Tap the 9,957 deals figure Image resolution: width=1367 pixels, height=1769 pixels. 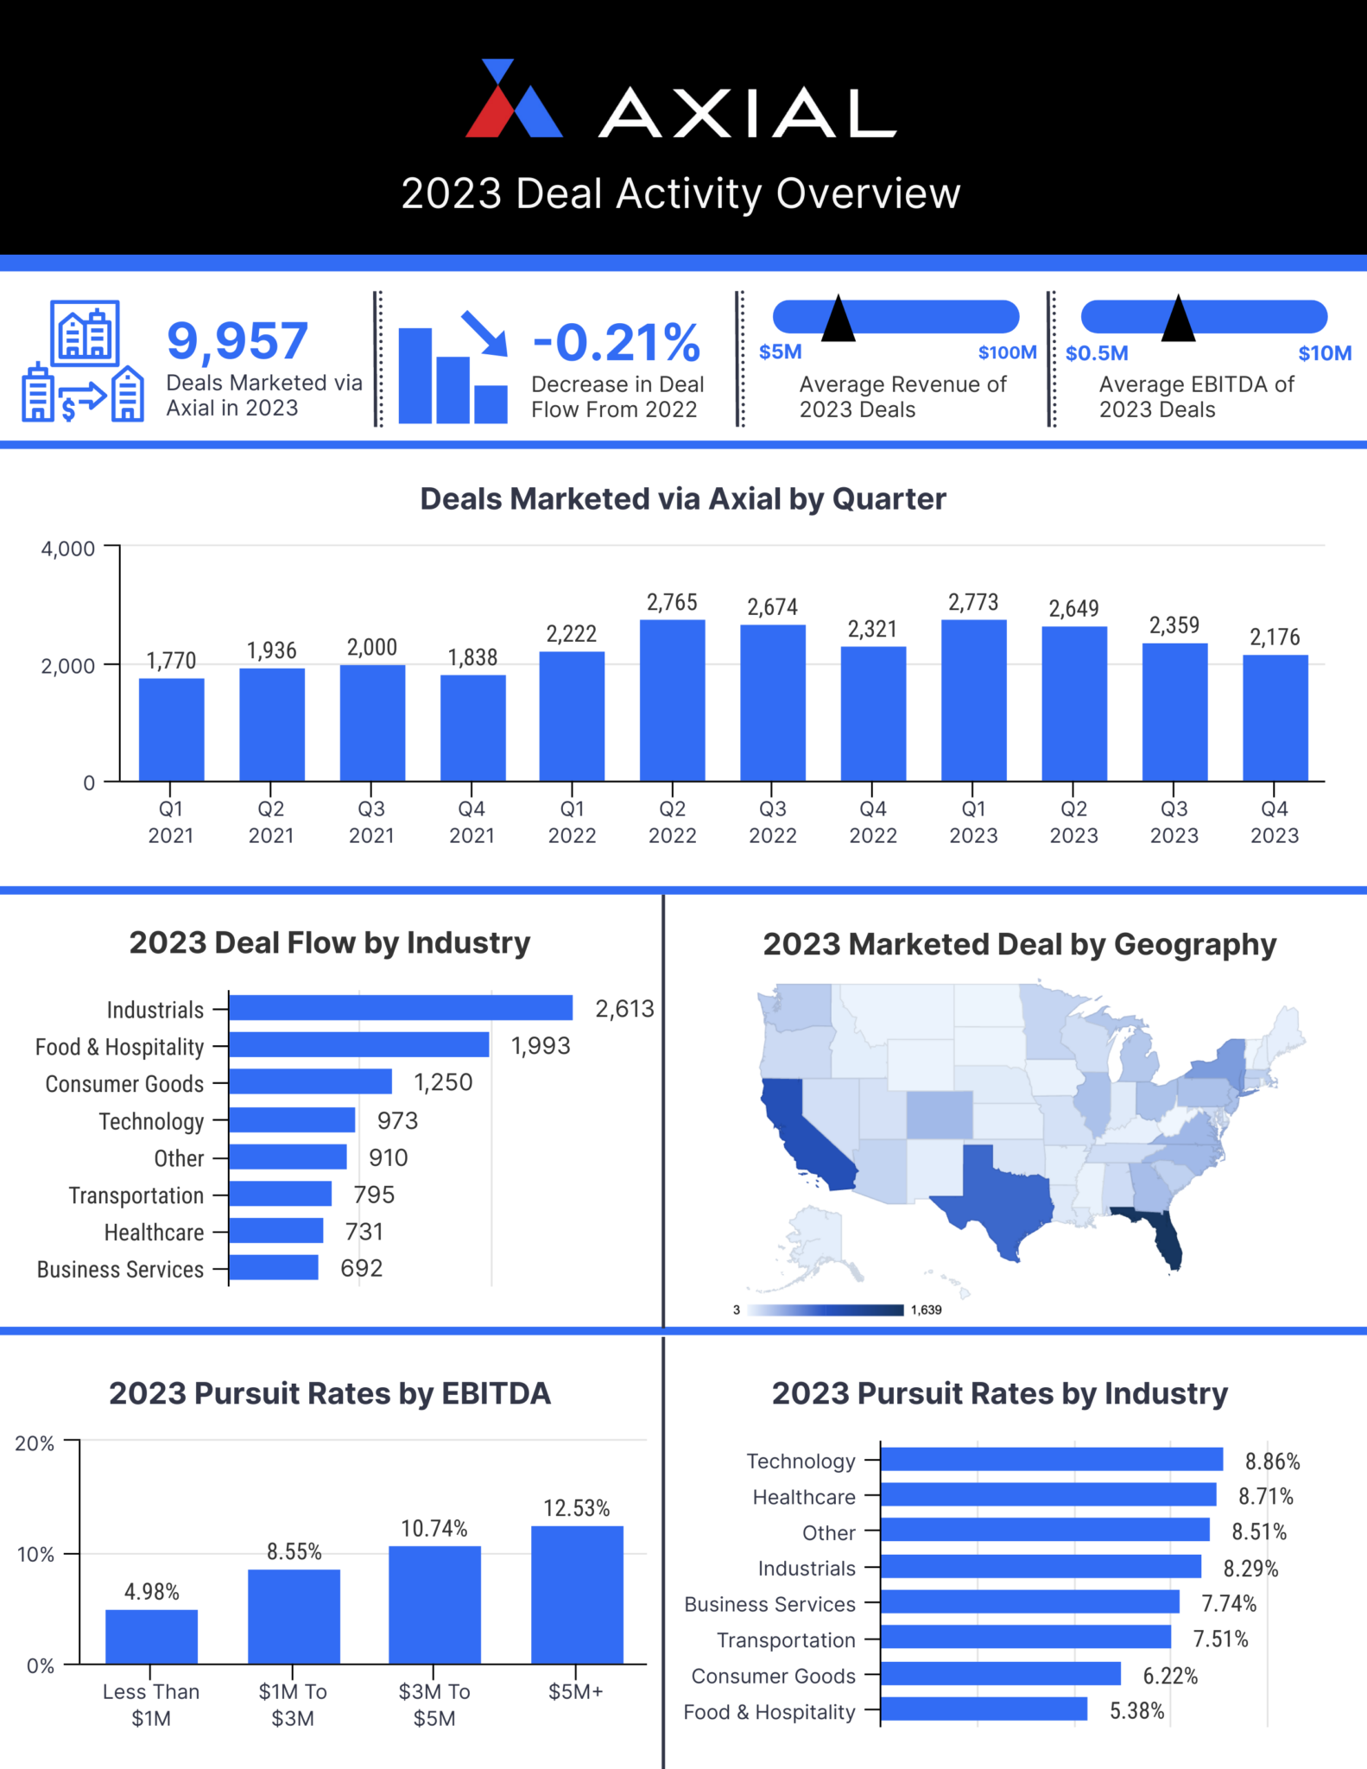(x=237, y=341)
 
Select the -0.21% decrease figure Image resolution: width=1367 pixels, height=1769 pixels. (x=617, y=343)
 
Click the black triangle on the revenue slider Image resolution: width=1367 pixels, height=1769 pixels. (x=838, y=320)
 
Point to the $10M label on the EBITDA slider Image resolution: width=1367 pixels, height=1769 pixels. (x=1325, y=353)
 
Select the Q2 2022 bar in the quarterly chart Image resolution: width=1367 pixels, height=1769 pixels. (x=672, y=701)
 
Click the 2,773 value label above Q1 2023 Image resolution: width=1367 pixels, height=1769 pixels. (x=973, y=602)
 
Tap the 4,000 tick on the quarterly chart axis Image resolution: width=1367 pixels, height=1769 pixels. (x=68, y=548)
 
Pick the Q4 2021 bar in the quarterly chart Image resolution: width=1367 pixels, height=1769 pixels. (x=472, y=728)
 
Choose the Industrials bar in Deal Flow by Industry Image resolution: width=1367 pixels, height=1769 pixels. (x=401, y=1008)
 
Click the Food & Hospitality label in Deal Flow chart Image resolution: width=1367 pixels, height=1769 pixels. (x=120, y=1047)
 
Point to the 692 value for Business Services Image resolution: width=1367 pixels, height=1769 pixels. (x=361, y=1268)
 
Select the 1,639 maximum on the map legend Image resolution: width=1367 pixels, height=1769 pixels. (x=927, y=1309)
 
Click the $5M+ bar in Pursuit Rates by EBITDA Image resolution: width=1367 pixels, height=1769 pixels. (x=577, y=1595)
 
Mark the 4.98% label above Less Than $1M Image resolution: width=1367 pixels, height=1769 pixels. (x=152, y=1591)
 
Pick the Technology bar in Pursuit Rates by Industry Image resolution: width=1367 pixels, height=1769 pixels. (x=1051, y=1460)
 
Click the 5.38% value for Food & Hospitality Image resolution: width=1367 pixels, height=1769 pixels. (x=1137, y=1711)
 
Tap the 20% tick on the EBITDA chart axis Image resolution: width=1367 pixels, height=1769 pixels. (x=35, y=1443)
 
